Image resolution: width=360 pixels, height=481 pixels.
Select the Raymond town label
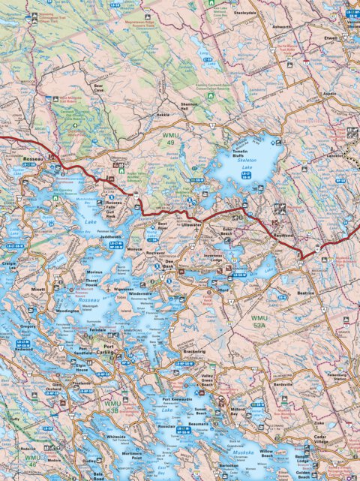282,235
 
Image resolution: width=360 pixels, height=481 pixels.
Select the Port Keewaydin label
178,399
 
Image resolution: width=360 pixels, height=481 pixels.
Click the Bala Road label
98,476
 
